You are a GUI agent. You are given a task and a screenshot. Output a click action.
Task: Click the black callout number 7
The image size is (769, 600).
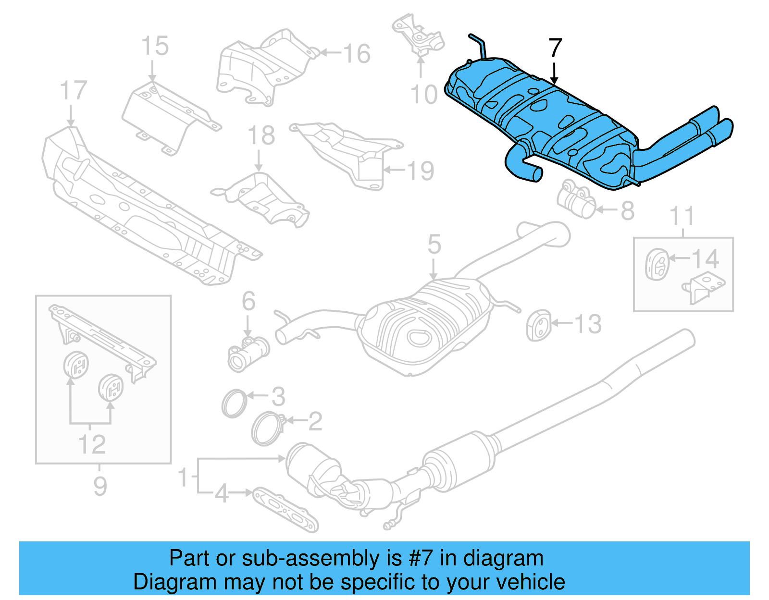pyautogui.click(x=555, y=49)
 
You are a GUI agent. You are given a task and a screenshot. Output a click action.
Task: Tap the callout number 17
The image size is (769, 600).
pyautogui.click(x=73, y=91)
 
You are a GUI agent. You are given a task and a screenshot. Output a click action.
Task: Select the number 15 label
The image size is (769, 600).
pyautogui.click(x=155, y=46)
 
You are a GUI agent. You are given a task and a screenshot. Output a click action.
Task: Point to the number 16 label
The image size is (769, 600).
pyautogui.click(x=357, y=53)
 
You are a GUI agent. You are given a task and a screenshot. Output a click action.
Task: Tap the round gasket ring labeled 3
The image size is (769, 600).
pyautogui.click(x=234, y=404)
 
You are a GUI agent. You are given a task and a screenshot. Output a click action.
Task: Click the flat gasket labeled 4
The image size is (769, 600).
pyautogui.click(x=285, y=510)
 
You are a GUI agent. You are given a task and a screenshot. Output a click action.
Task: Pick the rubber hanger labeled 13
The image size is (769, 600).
pyautogui.click(x=538, y=326)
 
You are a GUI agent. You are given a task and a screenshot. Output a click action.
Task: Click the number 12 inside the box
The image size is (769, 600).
pyautogui.click(x=92, y=444)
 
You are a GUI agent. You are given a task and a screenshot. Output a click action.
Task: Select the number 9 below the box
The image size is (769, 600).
pyautogui.click(x=100, y=486)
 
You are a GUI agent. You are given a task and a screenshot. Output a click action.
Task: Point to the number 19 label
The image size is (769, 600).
pyautogui.click(x=421, y=171)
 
